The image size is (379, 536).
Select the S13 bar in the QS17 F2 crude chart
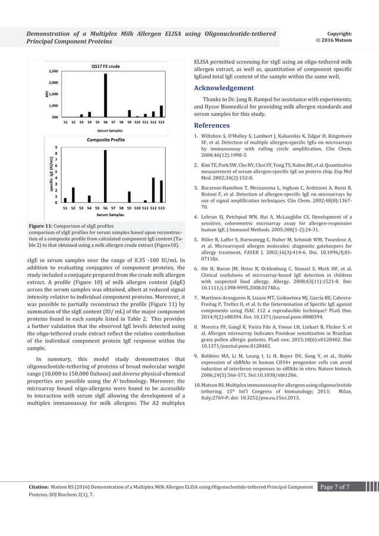(x=161, y=111)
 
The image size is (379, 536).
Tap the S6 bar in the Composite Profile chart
(x=105, y=176)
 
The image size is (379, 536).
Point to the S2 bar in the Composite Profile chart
(x=73, y=195)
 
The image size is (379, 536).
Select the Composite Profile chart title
(x=105, y=140)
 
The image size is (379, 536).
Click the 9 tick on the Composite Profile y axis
(x=56, y=147)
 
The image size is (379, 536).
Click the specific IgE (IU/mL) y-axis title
(x=46, y=175)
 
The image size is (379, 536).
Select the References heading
(x=212, y=125)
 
